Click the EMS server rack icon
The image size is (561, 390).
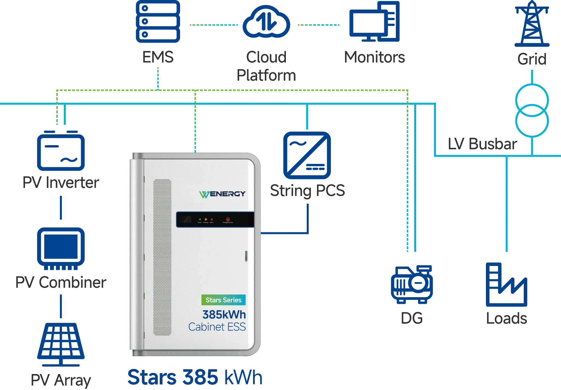pyautogui.click(x=158, y=21)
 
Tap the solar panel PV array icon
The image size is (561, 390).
pyautogui.click(x=61, y=344)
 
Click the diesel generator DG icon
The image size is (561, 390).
pyautogui.click(x=411, y=285)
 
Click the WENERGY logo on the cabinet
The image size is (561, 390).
pyautogui.click(x=222, y=194)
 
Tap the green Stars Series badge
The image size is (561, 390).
pyautogui.click(x=223, y=300)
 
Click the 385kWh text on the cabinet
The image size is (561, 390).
pyautogui.click(x=224, y=315)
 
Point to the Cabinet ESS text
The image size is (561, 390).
pyautogui.click(x=217, y=327)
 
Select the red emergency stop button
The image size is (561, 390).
pyautogui.click(x=228, y=220)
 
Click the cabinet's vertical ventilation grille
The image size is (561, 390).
pyautogui.click(x=162, y=257)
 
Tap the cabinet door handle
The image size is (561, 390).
pyautogui.click(x=246, y=256)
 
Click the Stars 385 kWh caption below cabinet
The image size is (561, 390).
pyautogui.click(x=195, y=377)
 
